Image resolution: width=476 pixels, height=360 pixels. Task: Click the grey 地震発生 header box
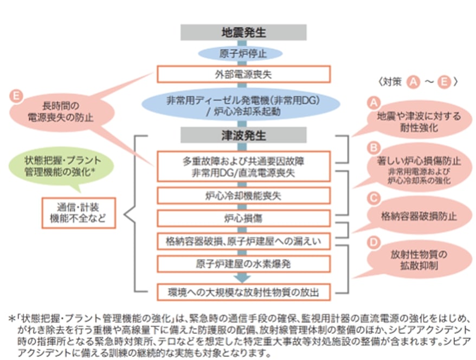(243, 32)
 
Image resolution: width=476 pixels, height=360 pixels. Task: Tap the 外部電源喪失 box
(243, 74)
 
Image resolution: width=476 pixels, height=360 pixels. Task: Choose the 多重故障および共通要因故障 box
(243, 166)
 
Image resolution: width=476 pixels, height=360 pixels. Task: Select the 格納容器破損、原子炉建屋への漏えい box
(243, 240)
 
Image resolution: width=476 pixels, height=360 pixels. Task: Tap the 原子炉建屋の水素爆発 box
(243, 265)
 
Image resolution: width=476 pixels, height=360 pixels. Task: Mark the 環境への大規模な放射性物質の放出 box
(243, 291)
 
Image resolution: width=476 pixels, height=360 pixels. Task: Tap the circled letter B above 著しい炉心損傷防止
(372, 147)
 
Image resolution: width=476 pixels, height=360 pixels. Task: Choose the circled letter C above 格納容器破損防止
(372, 197)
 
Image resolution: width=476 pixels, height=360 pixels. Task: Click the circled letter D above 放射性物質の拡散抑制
(372, 240)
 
